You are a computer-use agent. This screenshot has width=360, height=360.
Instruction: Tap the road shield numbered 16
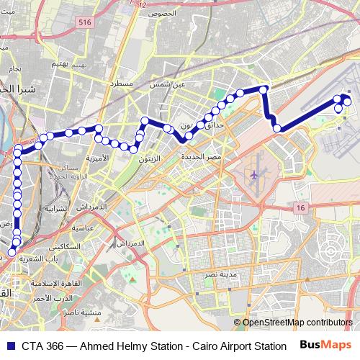pos(300,207)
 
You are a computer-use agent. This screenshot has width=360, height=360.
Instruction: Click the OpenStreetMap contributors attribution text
pos(297,323)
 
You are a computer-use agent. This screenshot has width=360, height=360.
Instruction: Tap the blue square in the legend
pos(8,346)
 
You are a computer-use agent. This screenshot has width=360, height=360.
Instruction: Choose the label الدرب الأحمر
pos(50,297)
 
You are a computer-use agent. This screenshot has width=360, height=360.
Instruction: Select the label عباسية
pos(82,228)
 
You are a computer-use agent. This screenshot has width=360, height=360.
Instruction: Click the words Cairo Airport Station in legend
pos(238,346)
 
